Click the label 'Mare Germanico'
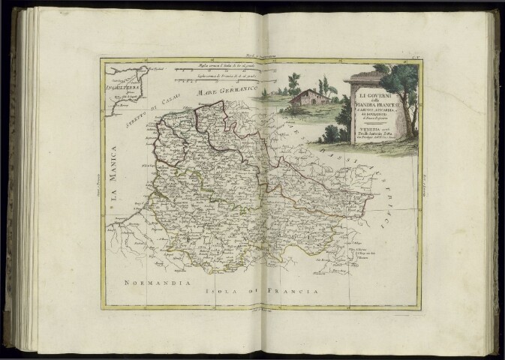(x=222, y=92)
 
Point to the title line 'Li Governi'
(x=369, y=97)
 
